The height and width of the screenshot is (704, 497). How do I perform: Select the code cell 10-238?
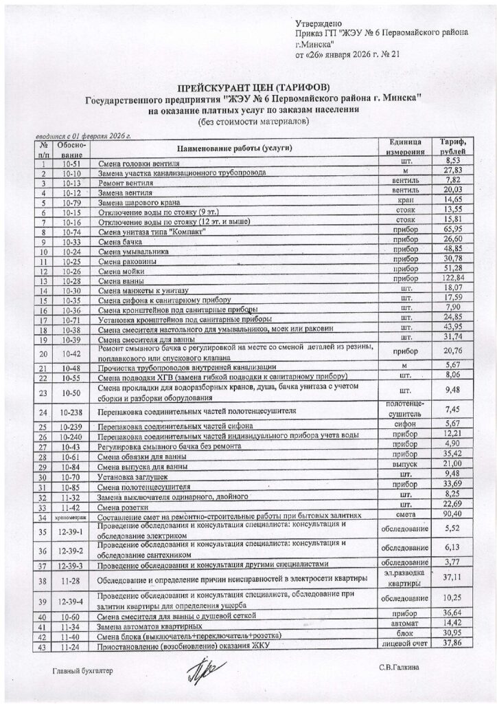click(71, 412)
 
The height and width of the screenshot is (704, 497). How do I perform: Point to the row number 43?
click(42, 649)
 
